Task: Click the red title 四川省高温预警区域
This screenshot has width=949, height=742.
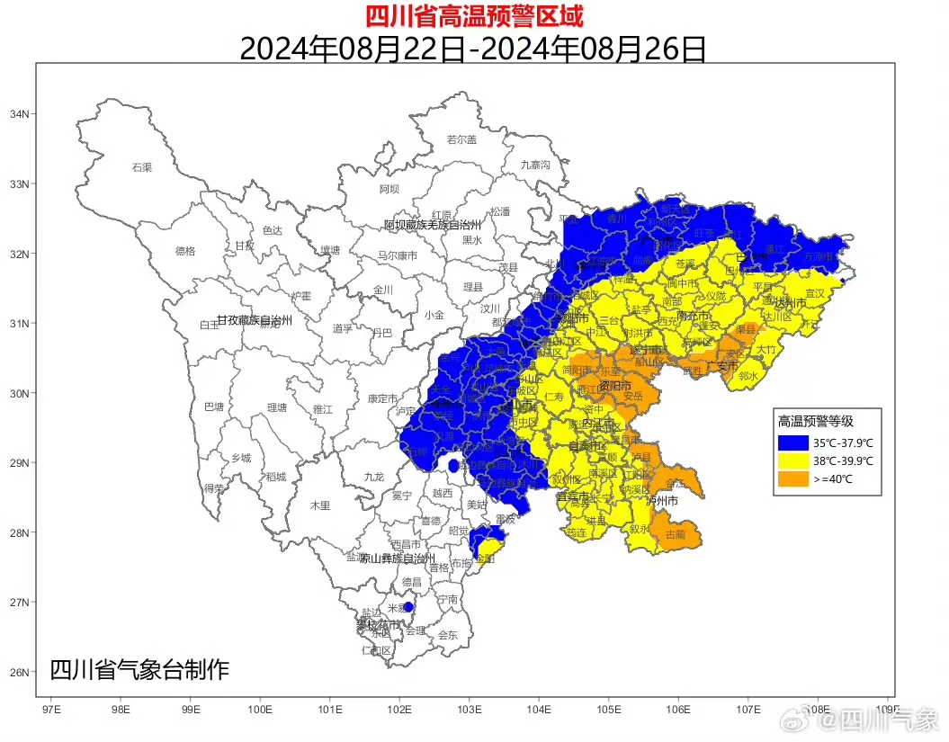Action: pyautogui.click(x=474, y=16)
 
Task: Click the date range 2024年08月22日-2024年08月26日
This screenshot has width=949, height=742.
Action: pyautogui.click(x=473, y=48)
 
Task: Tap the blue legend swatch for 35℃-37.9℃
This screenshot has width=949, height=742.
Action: pyautogui.click(x=792, y=442)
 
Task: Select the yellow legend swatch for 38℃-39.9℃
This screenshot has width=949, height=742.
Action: pyautogui.click(x=792, y=460)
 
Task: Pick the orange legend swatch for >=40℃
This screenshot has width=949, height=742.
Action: pyautogui.click(x=792, y=479)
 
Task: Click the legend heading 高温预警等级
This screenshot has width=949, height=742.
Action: pyautogui.click(x=815, y=421)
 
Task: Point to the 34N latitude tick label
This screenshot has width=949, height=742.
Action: pyautogui.click(x=19, y=114)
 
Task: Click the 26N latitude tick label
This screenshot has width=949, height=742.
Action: pyautogui.click(x=19, y=672)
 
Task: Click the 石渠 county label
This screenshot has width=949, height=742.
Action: pyautogui.click(x=142, y=167)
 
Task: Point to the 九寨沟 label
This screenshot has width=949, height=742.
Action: pyautogui.click(x=534, y=165)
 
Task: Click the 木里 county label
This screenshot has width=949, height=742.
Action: pyautogui.click(x=320, y=506)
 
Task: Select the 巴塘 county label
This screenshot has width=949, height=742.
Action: pyautogui.click(x=214, y=407)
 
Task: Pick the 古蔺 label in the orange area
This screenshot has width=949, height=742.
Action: pyautogui.click(x=674, y=533)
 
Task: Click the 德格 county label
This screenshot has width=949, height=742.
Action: pyautogui.click(x=184, y=251)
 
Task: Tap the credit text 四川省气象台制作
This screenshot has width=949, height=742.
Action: pyautogui.click(x=139, y=670)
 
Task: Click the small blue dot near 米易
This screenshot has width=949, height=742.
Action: pyautogui.click(x=408, y=607)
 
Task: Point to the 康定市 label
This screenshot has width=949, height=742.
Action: pyautogui.click(x=382, y=398)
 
